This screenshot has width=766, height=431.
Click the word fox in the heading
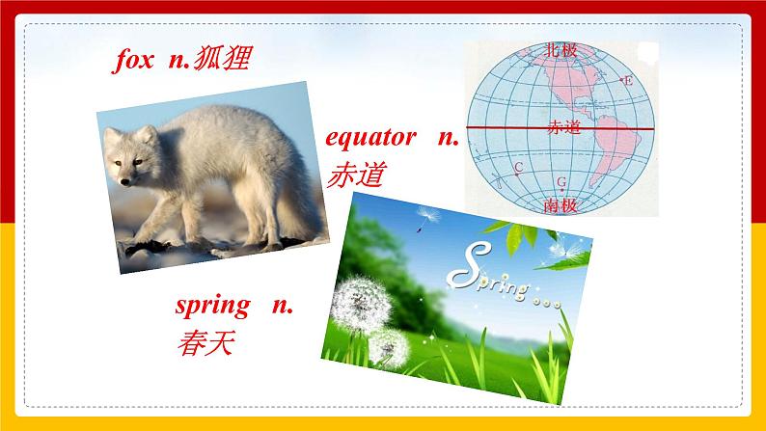pos(132,61)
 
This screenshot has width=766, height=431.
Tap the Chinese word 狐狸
pos(221,61)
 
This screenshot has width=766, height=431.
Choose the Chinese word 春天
pos(205,341)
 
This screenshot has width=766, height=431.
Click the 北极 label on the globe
pos(561,50)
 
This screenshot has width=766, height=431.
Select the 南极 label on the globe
pos(561,204)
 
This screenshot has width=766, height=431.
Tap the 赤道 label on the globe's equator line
pos(562,127)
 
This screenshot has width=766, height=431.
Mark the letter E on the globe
pos(629,81)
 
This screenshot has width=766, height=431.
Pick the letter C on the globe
pos(519,168)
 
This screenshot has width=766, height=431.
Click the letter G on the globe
pos(561,181)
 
